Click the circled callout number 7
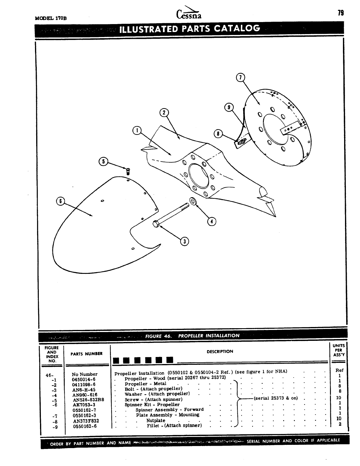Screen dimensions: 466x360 [x=241, y=78]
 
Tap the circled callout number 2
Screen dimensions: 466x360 [x=164, y=113]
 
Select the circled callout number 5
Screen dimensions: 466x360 [x=103, y=161]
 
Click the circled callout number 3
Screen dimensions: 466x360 [x=184, y=241]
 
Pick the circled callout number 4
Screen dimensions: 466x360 [x=211, y=221]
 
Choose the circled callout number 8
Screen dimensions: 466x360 [x=218, y=134]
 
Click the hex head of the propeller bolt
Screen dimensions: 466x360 [x=156, y=224]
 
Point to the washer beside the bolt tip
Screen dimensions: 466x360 [x=193, y=202]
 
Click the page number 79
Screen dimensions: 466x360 [x=341, y=13]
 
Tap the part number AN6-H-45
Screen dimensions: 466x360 [x=84, y=390]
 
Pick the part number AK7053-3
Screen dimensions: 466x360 [x=84, y=405]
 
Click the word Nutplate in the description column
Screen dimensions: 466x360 [x=156, y=420]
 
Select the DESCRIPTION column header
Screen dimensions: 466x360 [x=220, y=351]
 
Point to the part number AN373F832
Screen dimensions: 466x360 [x=86, y=421]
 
